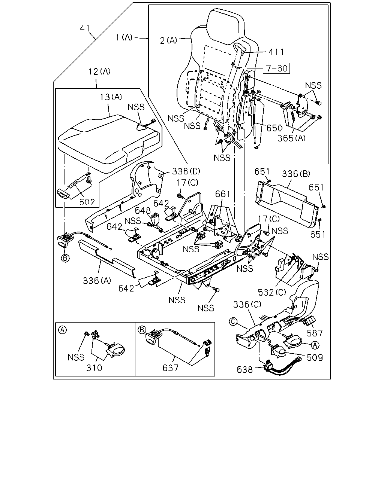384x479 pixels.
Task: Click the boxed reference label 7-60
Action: [276, 68]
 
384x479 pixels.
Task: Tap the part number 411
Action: [276, 52]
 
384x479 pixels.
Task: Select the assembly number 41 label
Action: [85, 28]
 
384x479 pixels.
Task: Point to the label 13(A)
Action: [111, 97]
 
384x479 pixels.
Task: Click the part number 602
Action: [87, 202]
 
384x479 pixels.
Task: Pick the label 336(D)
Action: [186, 171]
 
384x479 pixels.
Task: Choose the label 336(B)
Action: [296, 174]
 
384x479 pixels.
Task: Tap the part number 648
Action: [143, 210]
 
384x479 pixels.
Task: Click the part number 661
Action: [222, 194]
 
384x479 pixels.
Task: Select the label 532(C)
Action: [272, 292]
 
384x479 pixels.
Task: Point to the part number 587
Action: [315, 333]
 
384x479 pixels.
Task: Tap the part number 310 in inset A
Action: [94, 368]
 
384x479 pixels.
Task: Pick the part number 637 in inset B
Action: [171, 368]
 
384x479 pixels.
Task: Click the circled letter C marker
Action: [233, 321]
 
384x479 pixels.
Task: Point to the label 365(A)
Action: [291, 138]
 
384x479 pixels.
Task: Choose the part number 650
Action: [274, 128]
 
